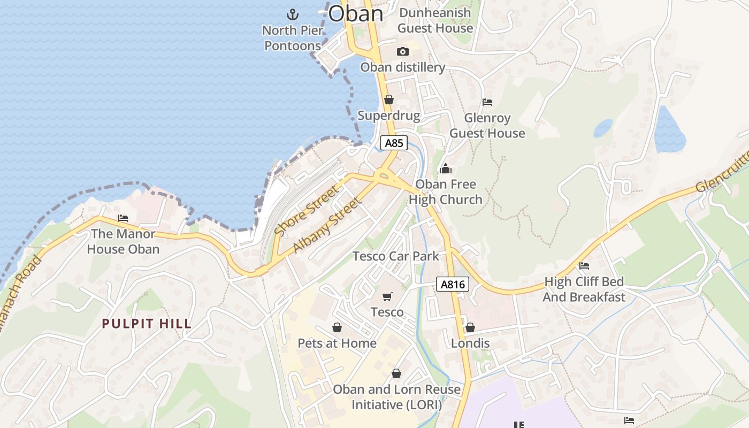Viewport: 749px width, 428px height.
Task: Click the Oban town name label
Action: pos(356,13)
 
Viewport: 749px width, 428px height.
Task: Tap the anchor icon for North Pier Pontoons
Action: pos(293,14)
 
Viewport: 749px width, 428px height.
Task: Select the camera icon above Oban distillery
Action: pos(403,52)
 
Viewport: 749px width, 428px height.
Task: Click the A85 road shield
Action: pos(394,143)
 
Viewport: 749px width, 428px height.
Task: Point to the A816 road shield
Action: pos(453,285)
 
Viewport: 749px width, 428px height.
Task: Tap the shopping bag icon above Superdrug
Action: pos(389,100)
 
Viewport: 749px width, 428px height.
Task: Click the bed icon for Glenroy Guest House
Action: pos(487,102)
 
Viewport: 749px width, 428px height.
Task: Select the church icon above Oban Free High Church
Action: pos(445,169)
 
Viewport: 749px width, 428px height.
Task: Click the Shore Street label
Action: pos(306,210)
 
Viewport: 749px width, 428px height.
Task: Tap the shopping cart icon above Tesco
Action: pos(387,296)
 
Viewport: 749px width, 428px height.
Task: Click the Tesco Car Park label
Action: pos(395,256)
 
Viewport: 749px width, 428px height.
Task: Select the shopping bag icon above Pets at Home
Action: pos(337,327)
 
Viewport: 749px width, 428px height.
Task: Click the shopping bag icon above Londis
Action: pos(470,327)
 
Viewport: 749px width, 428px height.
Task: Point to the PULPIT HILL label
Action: pos(147,324)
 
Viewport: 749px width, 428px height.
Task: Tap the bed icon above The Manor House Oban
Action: pos(123,218)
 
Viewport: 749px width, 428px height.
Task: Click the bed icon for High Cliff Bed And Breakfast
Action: pos(584,266)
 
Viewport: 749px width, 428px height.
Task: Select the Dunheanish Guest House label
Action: pos(435,20)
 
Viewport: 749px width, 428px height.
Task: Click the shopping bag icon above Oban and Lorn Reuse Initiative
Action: pos(396,373)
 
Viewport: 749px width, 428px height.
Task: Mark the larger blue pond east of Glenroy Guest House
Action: pos(669,130)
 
